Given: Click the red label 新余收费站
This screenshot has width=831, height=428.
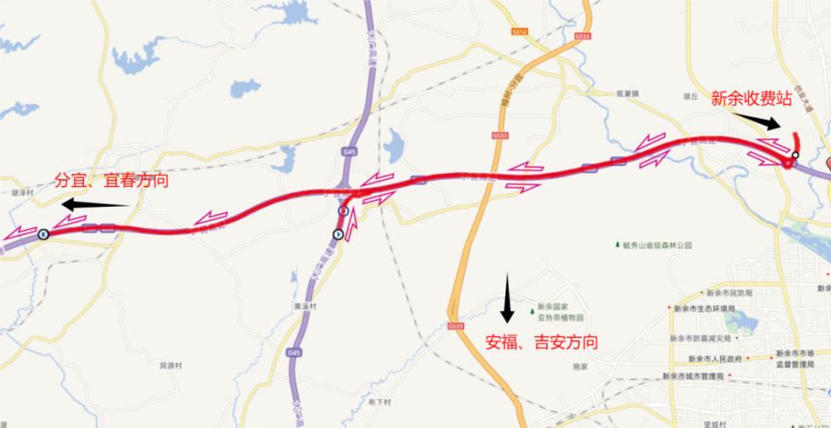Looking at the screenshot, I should [x=751, y=99].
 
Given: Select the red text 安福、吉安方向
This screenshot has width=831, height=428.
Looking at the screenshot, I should [x=541, y=342].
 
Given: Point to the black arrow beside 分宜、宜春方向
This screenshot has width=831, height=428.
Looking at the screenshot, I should [x=93, y=206].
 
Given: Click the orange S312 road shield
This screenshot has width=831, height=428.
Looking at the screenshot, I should [x=519, y=31].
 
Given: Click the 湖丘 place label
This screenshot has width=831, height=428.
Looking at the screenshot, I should [x=690, y=98].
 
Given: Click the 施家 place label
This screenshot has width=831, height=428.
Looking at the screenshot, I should [x=580, y=366].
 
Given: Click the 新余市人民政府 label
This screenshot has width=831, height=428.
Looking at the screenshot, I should [x=716, y=358].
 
